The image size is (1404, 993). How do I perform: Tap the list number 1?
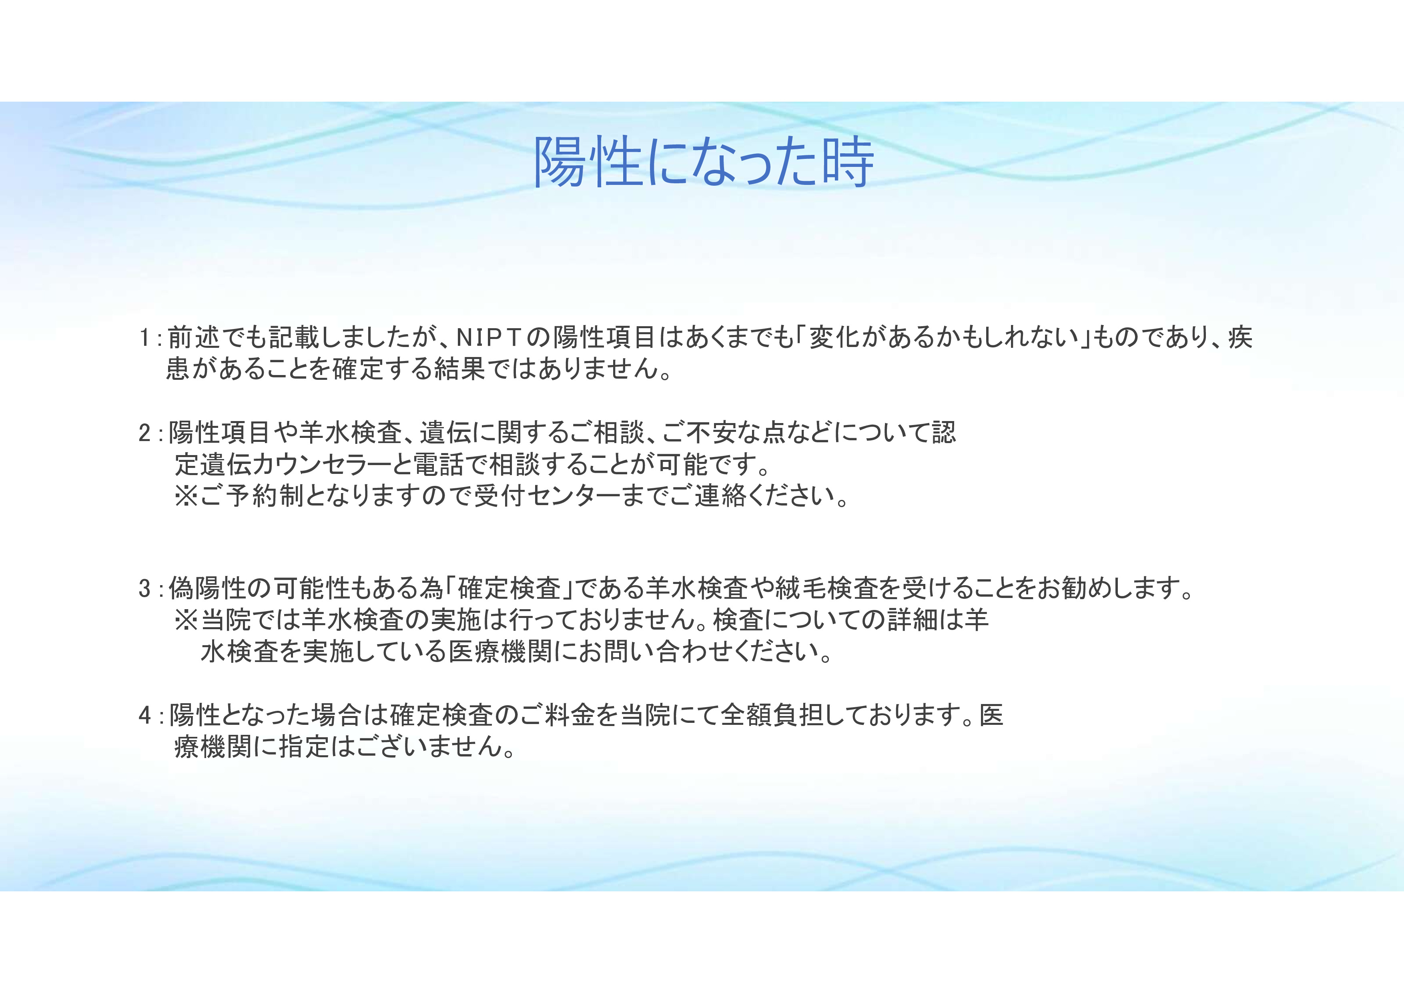point(144,337)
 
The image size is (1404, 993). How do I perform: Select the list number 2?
point(145,433)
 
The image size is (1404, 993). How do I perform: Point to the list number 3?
point(145,588)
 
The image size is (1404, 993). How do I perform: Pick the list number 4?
point(145,715)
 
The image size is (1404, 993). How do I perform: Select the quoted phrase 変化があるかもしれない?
point(944,337)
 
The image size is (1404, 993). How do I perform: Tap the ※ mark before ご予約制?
point(186,496)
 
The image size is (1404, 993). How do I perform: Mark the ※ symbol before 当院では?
point(186,621)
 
